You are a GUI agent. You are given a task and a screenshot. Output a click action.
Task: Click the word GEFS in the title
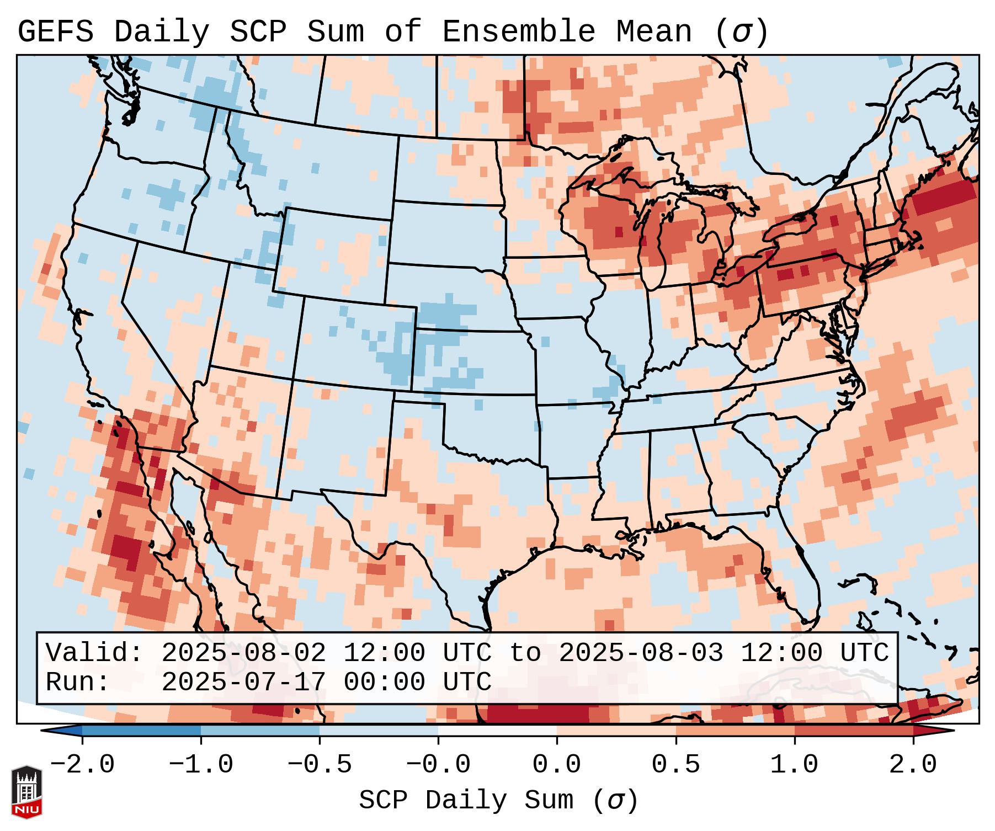[x=55, y=32]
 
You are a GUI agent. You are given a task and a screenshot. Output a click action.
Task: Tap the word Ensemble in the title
[x=519, y=32]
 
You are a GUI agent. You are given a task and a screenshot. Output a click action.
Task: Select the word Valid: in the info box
[x=94, y=653]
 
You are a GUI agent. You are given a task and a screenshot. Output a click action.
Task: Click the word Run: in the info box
[x=77, y=682]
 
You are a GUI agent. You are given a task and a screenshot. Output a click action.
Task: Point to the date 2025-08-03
[x=641, y=653]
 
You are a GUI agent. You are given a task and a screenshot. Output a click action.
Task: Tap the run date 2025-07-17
[x=243, y=682]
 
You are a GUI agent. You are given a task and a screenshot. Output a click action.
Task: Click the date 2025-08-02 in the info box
[x=243, y=653]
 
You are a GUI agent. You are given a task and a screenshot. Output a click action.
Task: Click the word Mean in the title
[x=654, y=32]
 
